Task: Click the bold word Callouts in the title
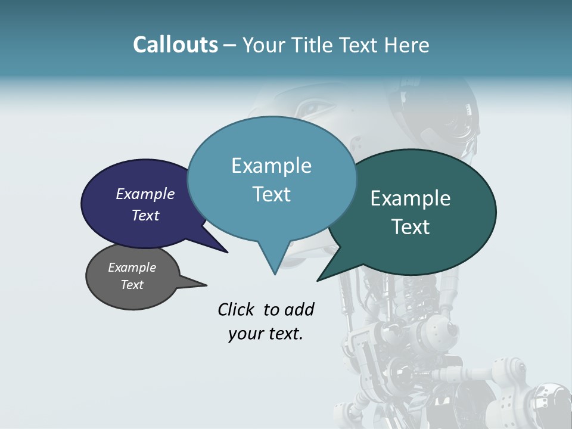175,45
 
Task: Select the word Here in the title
406,45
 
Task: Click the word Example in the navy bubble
145,194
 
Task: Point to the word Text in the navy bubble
145,216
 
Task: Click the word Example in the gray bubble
132,268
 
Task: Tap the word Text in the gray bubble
132,285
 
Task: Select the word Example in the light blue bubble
271,166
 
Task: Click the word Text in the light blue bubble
271,194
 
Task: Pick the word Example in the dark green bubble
411,198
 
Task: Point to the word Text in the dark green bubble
411,227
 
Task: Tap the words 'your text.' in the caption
265,334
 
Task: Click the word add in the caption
299,309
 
